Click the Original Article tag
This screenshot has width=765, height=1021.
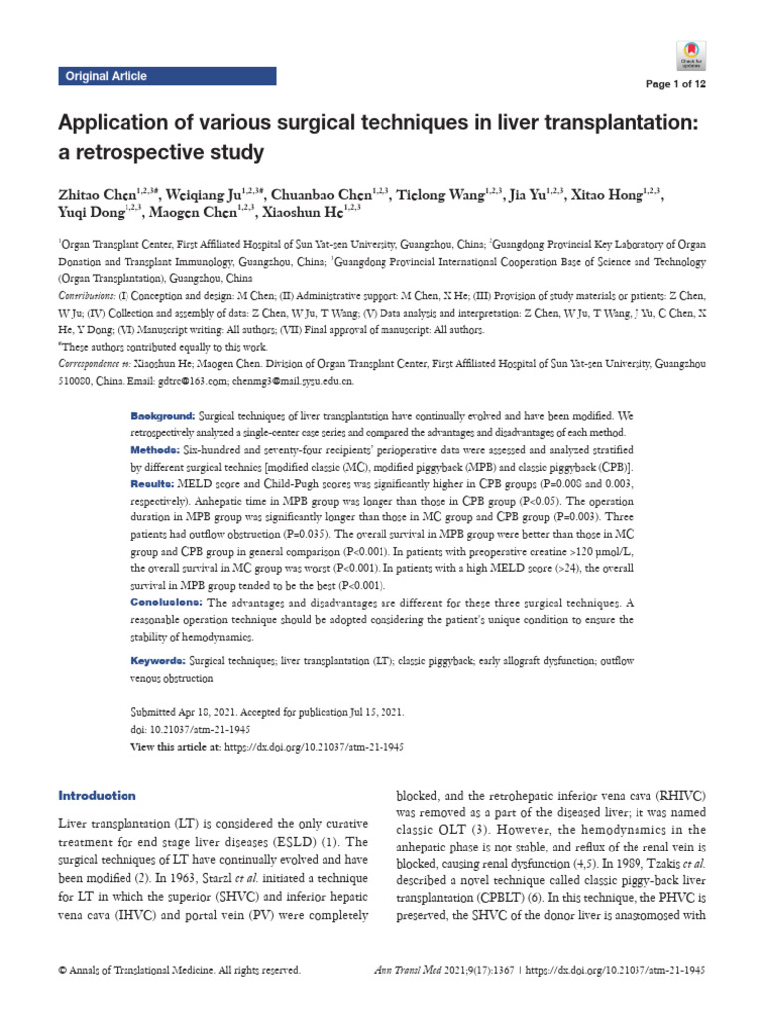pos(106,76)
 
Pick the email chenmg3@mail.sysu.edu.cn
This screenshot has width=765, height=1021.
pos(310,381)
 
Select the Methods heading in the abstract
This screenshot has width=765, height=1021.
pos(158,450)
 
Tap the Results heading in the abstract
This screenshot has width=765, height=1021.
pos(156,483)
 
